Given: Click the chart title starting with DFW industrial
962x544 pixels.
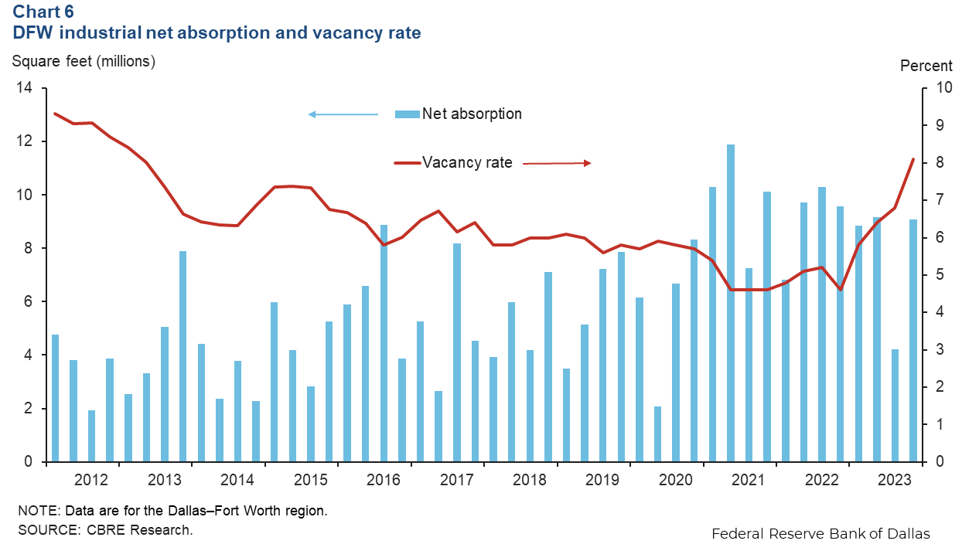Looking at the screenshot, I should pyautogui.click(x=216, y=33).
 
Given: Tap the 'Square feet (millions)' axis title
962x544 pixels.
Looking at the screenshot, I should pyautogui.click(x=84, y=61).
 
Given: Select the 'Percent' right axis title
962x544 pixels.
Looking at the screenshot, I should pyautogui.click(x=926, y=66).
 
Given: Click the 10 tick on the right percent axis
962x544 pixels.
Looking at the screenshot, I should pyautogui.click(x=943, y=88).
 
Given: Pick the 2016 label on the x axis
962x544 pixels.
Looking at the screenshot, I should pyautogui.click(x=384, y=481).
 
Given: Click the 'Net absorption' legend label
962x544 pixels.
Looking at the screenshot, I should pyautogui.click(x=472, y=114).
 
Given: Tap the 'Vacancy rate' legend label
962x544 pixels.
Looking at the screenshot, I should pyautogui.click(x=467, y=162).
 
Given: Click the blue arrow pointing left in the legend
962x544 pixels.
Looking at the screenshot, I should pyautogui.click(x=343, y=114).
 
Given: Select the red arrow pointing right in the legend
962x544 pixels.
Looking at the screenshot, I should pyautogui.click(x=558, y=163).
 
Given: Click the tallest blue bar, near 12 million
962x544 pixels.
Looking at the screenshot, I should pyautogui.click(x=731, y=302).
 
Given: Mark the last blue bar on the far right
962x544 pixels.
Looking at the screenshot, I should pyautogui.click(x=913, y=340).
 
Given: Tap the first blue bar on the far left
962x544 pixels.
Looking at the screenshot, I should pyautogui.click(x=55, y=398).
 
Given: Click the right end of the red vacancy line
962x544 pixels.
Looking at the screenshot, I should pyautogui.click(x=913, y=159).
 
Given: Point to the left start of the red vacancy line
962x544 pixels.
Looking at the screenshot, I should pyautogui.click(x=54, y=114).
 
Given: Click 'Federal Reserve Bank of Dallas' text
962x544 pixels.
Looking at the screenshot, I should pyautogui.click(x=820, y=533).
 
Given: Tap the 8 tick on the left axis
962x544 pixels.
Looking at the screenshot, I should pyautogui.click(x=28, y=249).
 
